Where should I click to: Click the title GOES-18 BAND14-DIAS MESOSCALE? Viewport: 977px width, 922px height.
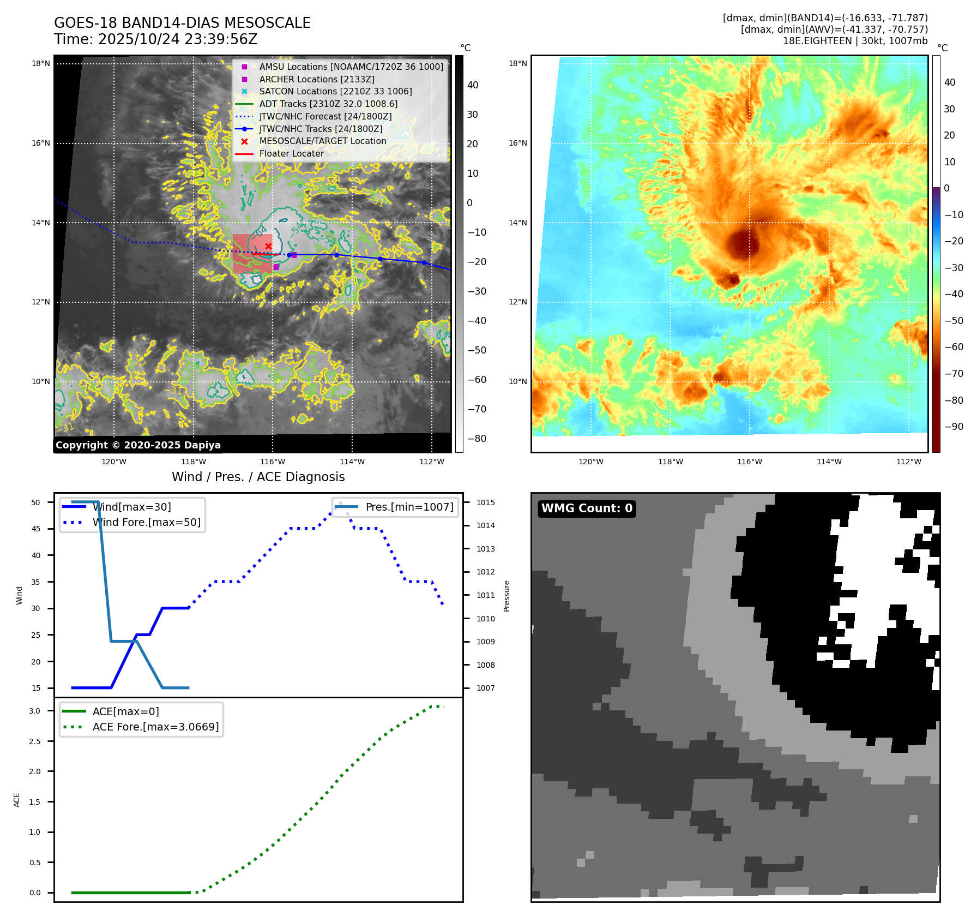[x=182, y=23]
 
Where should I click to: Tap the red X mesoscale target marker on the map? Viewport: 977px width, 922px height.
[x=268, y=246]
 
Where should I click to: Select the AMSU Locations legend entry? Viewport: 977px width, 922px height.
[x=351, y=67]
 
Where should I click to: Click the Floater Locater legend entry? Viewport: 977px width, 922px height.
[x=291, y=153]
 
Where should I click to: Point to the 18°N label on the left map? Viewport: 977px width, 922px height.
[x=41, y=63]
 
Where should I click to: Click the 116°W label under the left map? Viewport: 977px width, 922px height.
[x=273, y=462]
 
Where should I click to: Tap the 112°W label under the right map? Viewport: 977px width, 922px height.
[x=909, y=462]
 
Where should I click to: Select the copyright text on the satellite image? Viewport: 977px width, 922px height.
[x=138, y=445]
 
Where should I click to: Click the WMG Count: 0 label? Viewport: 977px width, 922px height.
[x=587, y=508]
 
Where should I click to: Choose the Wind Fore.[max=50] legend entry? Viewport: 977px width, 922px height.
[x=146, y=522]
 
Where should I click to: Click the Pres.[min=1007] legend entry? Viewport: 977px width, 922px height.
[x=409, y=507]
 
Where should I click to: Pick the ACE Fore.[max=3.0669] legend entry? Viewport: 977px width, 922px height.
[x=155, y=727]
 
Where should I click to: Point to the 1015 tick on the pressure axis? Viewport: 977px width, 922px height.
[x=485, y=502]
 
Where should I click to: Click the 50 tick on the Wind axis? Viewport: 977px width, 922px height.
[x=36, y=502]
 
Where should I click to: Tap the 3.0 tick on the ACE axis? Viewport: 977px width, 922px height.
[x=35, y=711]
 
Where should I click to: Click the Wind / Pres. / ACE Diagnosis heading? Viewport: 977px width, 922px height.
[x=258, y=477]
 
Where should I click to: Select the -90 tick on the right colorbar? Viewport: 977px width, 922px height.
[x=954, y=427]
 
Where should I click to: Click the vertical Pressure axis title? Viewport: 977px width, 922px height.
[x=506, y=596]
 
